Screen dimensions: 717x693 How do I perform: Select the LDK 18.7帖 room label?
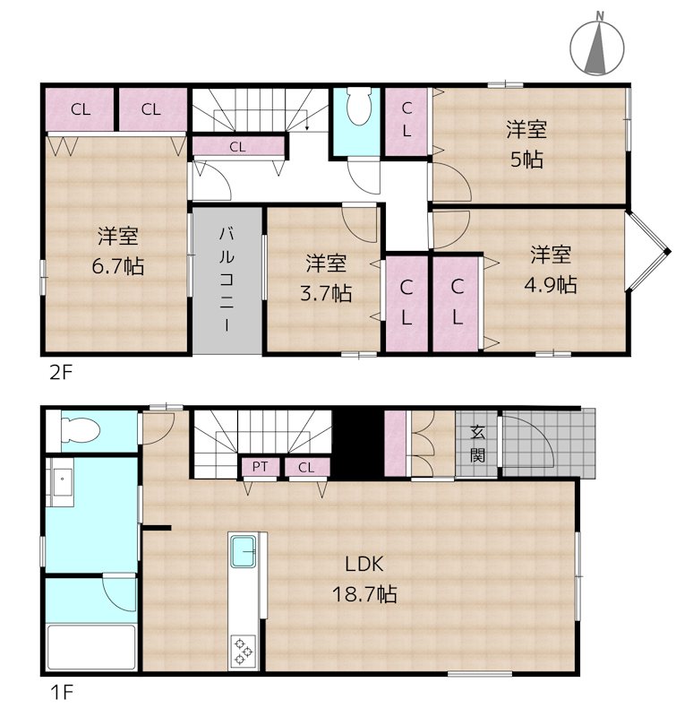(x=364, y=578)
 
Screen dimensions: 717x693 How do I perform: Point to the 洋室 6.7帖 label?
(x=117, y=251)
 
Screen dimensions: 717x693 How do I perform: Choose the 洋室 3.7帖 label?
(x=328, y=278)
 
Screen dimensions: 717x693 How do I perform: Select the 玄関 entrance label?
(x=478, y=443)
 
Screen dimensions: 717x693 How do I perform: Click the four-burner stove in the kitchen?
(x=244, y=650)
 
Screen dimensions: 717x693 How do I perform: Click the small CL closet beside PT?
(x=306, y=467)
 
